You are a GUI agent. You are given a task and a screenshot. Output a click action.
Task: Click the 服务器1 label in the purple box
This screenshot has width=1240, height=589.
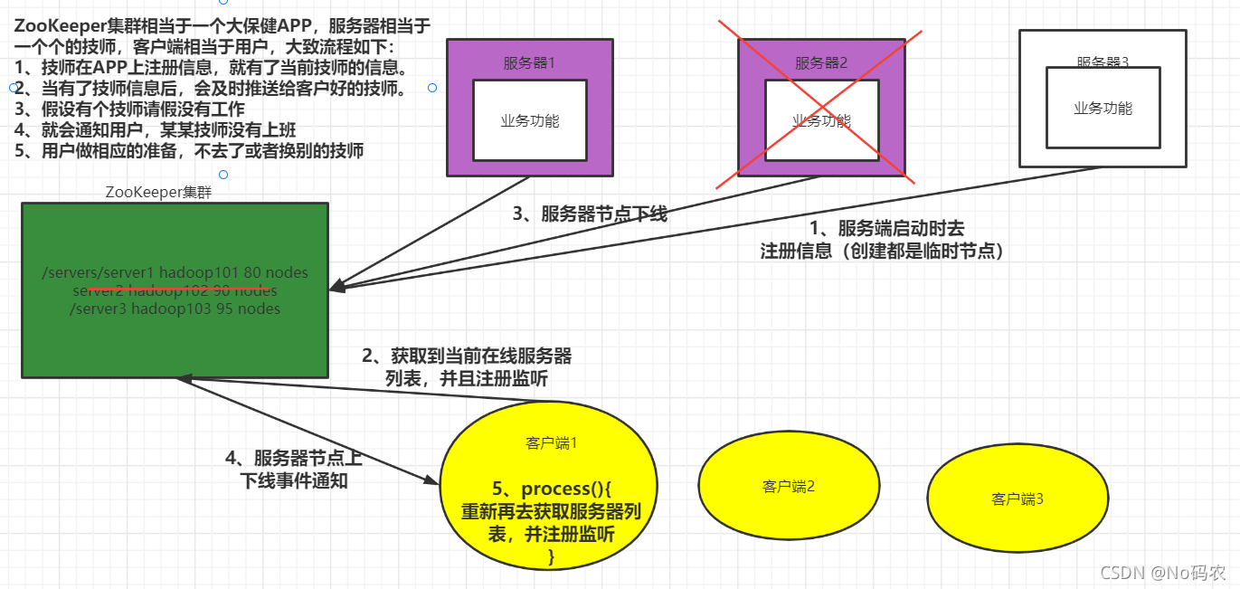529,63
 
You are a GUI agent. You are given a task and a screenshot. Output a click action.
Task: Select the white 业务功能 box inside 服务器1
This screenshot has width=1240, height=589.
530,120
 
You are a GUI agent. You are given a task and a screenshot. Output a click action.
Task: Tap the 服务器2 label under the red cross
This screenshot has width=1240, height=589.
821,63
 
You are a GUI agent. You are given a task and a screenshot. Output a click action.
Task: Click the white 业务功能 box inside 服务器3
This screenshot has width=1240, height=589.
1103,108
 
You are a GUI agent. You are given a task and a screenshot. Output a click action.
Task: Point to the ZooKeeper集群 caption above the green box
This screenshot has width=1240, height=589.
158,192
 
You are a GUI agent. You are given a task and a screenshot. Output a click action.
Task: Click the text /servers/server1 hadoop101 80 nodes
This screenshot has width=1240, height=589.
175,272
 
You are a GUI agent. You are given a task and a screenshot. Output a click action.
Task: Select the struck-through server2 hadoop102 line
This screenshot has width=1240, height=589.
175,290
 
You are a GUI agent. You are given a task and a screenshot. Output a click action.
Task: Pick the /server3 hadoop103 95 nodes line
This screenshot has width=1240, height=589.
175,309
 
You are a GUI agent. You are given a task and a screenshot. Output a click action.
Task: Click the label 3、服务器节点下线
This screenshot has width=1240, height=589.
590,214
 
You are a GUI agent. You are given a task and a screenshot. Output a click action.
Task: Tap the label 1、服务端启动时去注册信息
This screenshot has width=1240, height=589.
883,241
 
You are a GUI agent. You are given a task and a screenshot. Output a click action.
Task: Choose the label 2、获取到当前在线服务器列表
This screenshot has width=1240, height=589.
467,366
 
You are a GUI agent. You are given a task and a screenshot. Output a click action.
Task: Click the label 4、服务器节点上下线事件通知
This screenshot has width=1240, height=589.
294,470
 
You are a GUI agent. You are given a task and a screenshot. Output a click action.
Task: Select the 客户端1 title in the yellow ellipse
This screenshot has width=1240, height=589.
551,443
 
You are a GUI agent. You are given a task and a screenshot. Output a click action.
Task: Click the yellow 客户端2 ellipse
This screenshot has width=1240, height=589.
789,487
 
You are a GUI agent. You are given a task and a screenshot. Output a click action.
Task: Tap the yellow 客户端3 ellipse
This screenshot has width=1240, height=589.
1018,499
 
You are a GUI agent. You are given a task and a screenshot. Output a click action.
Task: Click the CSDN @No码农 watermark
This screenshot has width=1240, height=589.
1163,573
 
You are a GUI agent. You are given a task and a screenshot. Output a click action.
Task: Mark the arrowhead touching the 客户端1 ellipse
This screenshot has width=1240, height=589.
431,480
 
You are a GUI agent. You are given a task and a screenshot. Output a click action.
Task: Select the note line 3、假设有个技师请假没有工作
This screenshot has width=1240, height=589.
130,109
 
